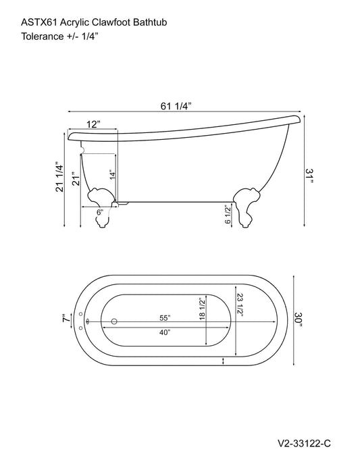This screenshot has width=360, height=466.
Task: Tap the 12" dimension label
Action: [93, 124]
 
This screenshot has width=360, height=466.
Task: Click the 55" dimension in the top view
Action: [165, 317]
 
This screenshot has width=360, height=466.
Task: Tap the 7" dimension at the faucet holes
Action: [65, 319]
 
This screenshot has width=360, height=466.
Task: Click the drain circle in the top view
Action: [113, 321]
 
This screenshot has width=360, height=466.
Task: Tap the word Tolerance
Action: [35, 36]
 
